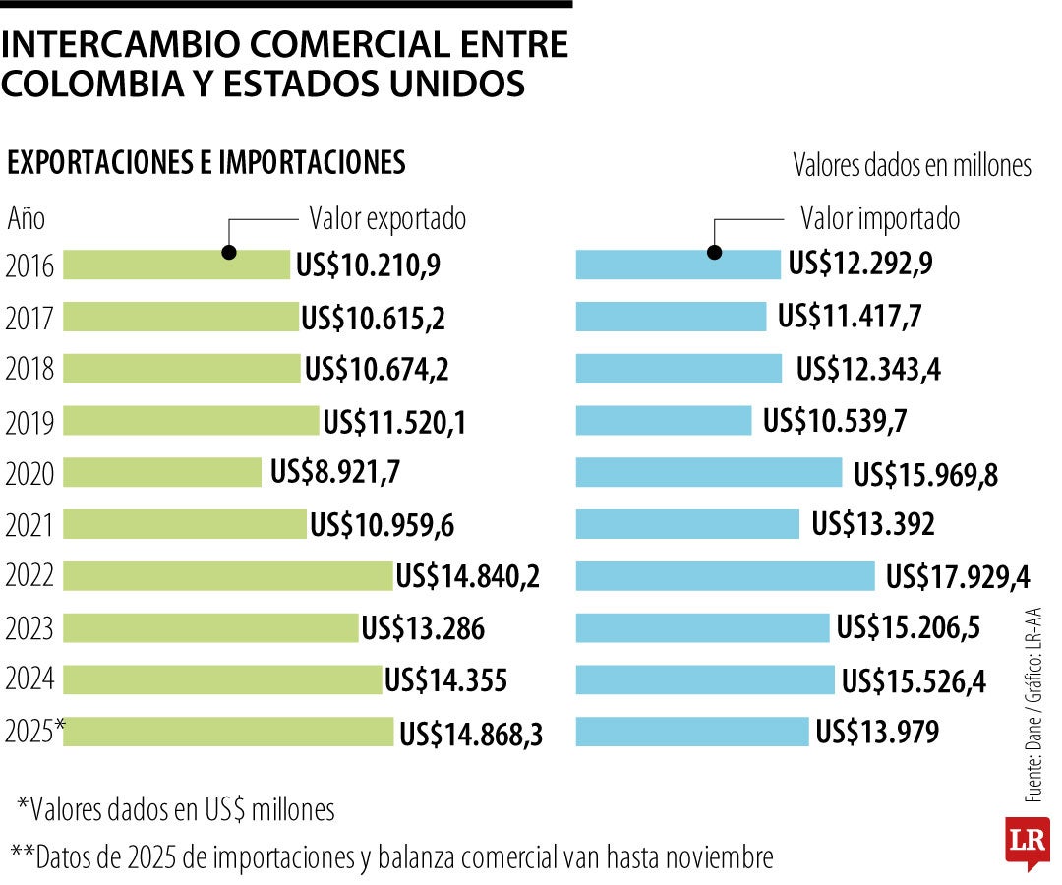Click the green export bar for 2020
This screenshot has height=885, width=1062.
(x=163, y=472)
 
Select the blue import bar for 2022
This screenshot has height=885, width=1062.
(x=725, y=576)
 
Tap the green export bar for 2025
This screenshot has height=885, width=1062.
(x=229, y=732)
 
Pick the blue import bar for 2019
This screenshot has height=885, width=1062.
(x=664, y=421)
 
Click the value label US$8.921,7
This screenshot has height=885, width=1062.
(x=335, y=473)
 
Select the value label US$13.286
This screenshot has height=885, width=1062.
(x=423, y=628)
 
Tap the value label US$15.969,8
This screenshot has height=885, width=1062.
(x=925, y=474)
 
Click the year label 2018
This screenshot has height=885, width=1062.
(x=29, y=370)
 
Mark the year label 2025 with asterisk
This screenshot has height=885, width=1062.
(x=34, y=732)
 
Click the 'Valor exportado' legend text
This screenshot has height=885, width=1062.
(x=387, y=218)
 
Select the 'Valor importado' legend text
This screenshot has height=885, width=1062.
(x=880, y=218)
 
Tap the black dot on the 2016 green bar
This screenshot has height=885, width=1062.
(x=229, y=253)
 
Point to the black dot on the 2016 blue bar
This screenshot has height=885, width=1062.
(x=715, y=253)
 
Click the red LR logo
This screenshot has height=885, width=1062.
(x=1027, y=842)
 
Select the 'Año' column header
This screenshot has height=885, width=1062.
(x=27, y=218)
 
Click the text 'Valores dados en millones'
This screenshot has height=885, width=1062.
(x=912, y=166)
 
